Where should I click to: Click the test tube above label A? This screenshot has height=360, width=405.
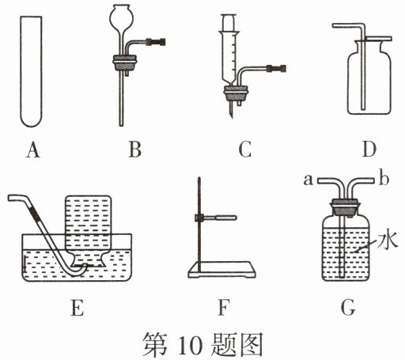pos(31,71)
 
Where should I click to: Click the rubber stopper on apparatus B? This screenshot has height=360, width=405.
pos(125,63)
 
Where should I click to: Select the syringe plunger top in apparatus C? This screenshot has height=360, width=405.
pos(229,23)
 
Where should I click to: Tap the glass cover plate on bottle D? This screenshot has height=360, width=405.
pos(379,39)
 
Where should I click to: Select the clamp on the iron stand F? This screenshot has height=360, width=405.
pos(215,218)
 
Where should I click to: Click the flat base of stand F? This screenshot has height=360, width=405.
pos(221,270)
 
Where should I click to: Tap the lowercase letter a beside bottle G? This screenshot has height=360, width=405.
pos(308,180)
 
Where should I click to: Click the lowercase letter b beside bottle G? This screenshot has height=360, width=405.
pos(384,179)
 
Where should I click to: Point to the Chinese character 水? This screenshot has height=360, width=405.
pos(387,241)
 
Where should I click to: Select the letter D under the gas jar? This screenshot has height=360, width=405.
pos(369,150)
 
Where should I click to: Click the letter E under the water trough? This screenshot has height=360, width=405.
pos(78,308)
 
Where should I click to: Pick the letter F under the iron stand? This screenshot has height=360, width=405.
pos(223,308)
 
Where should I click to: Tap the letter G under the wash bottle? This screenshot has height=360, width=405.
pos(348,308)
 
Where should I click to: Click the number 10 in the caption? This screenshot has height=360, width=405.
pos(190,346)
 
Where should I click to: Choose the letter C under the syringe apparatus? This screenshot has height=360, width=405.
pos(244,150)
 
